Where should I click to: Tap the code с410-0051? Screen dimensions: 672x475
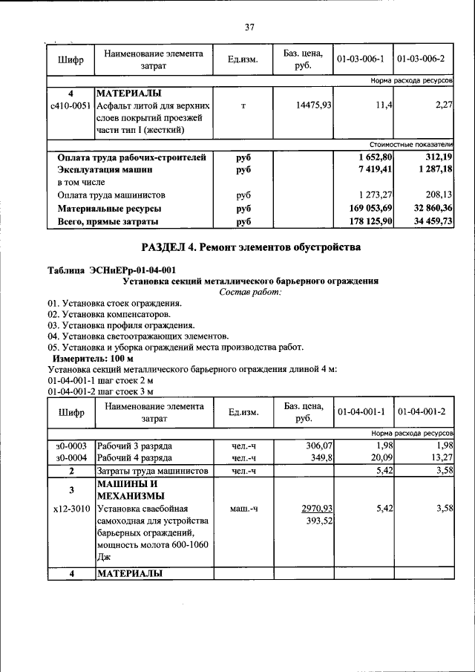70,106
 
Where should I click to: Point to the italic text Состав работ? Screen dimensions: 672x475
250,292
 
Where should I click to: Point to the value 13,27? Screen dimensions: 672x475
441,457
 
